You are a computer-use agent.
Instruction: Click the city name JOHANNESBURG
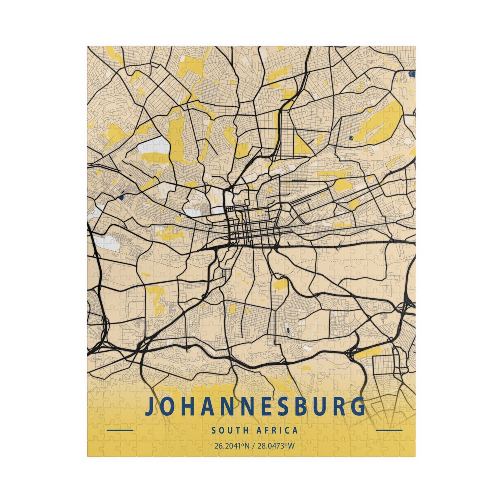coord(255,406)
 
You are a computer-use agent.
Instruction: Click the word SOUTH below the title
coord(230,430)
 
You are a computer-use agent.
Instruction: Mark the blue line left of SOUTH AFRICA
coord(120,430)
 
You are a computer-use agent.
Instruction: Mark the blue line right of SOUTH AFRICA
coord(390,430)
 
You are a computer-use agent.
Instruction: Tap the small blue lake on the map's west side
coord(121,197)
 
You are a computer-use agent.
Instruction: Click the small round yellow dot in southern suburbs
coord(247,311)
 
